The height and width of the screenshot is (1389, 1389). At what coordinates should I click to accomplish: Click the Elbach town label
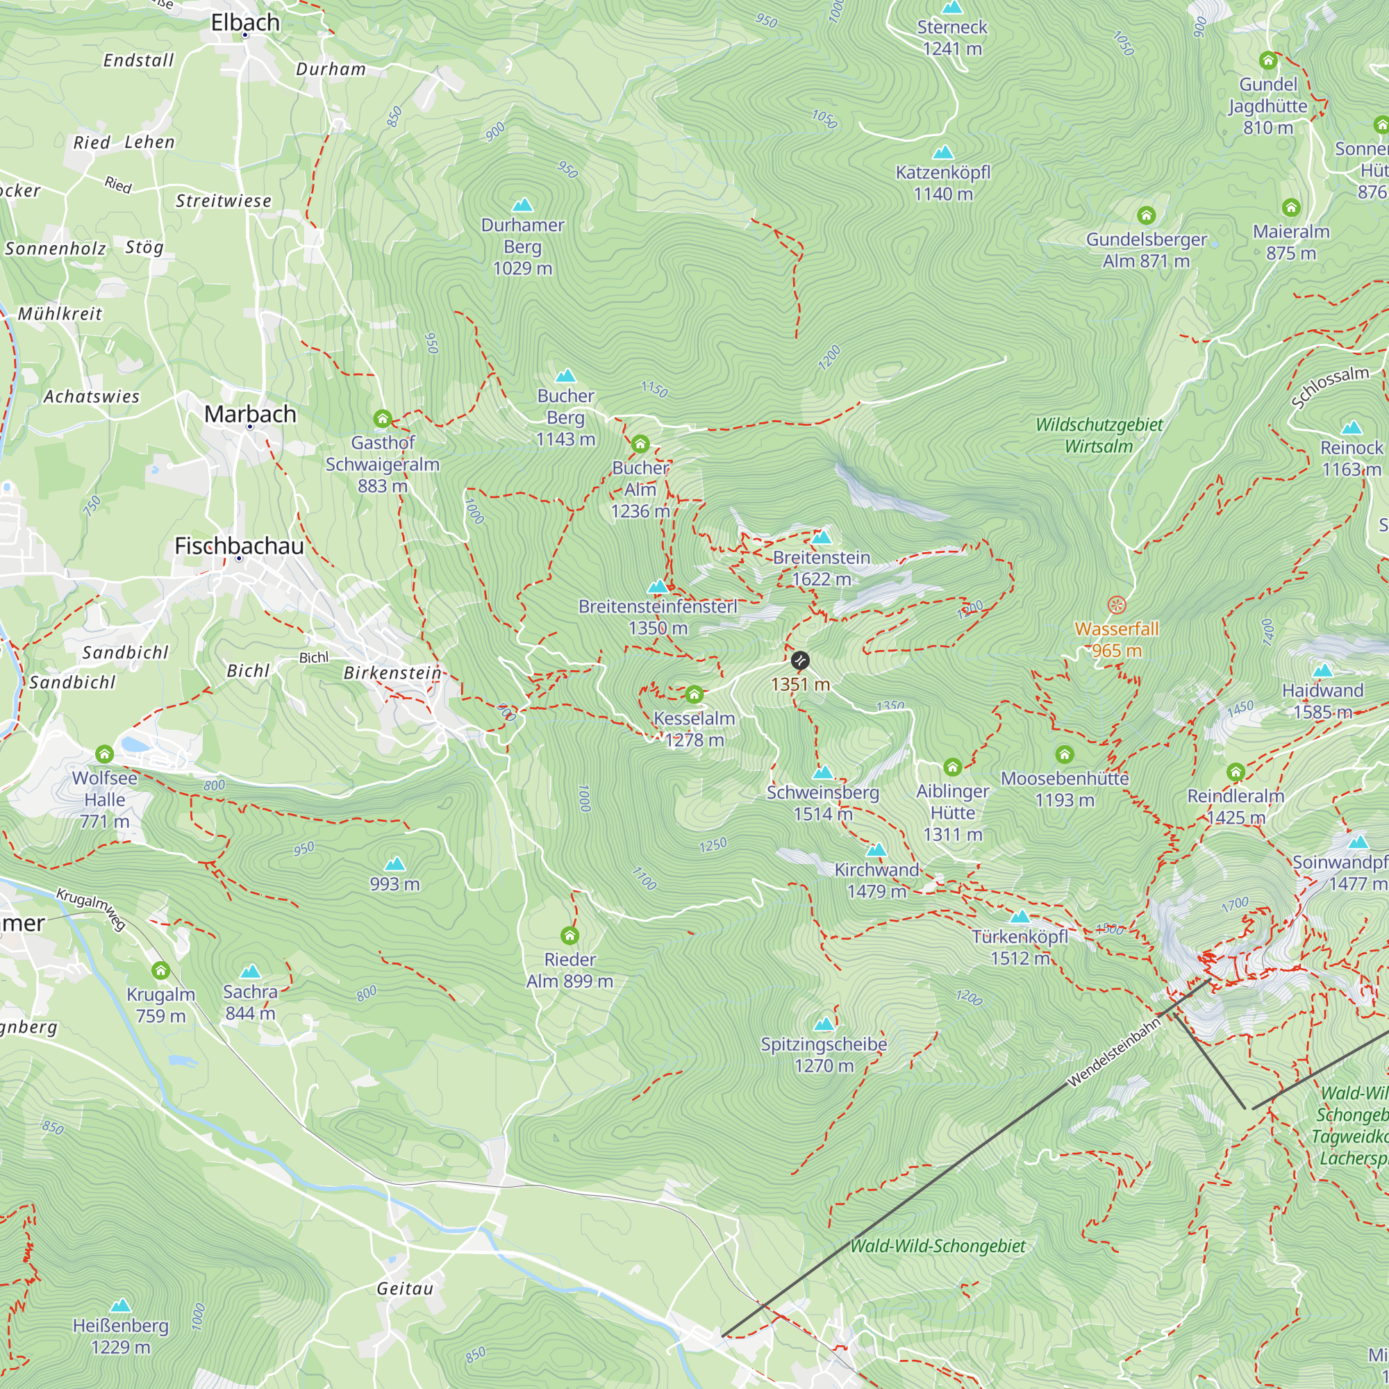point(245,22)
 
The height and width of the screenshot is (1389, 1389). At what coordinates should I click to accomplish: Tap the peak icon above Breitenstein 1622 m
point(822,537)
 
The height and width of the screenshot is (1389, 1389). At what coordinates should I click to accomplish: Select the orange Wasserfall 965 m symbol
point(1116,605)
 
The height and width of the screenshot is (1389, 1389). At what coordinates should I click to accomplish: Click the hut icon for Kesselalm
point(694,694)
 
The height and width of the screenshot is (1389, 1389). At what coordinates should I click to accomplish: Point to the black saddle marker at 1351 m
point(799,660)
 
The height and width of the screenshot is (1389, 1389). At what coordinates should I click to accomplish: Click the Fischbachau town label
point(240,546)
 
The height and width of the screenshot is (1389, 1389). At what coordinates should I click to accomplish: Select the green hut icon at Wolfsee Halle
point(104,754)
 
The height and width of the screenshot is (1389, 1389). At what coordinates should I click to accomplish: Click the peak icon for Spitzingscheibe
point(824,1023)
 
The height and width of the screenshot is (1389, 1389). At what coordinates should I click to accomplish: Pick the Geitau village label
point(406,1289)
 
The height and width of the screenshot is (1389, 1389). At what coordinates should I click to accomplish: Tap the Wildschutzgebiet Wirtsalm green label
point(1099,435)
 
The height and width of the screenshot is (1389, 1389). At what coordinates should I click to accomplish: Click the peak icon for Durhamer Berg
point(523,206)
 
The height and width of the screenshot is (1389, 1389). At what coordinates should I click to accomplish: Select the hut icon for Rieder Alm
point(569,935)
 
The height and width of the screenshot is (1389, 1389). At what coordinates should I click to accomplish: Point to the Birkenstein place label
point(392,673)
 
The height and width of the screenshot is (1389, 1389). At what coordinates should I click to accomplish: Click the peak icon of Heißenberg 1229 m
point(121,1305)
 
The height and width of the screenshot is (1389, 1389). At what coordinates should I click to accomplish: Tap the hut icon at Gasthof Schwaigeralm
point(383,418)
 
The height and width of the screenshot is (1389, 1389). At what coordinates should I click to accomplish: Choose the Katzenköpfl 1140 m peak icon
point(942,152)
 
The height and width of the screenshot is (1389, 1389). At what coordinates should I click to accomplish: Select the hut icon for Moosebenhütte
point(1064,754)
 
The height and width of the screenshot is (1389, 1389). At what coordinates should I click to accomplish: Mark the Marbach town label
point(250,414)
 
